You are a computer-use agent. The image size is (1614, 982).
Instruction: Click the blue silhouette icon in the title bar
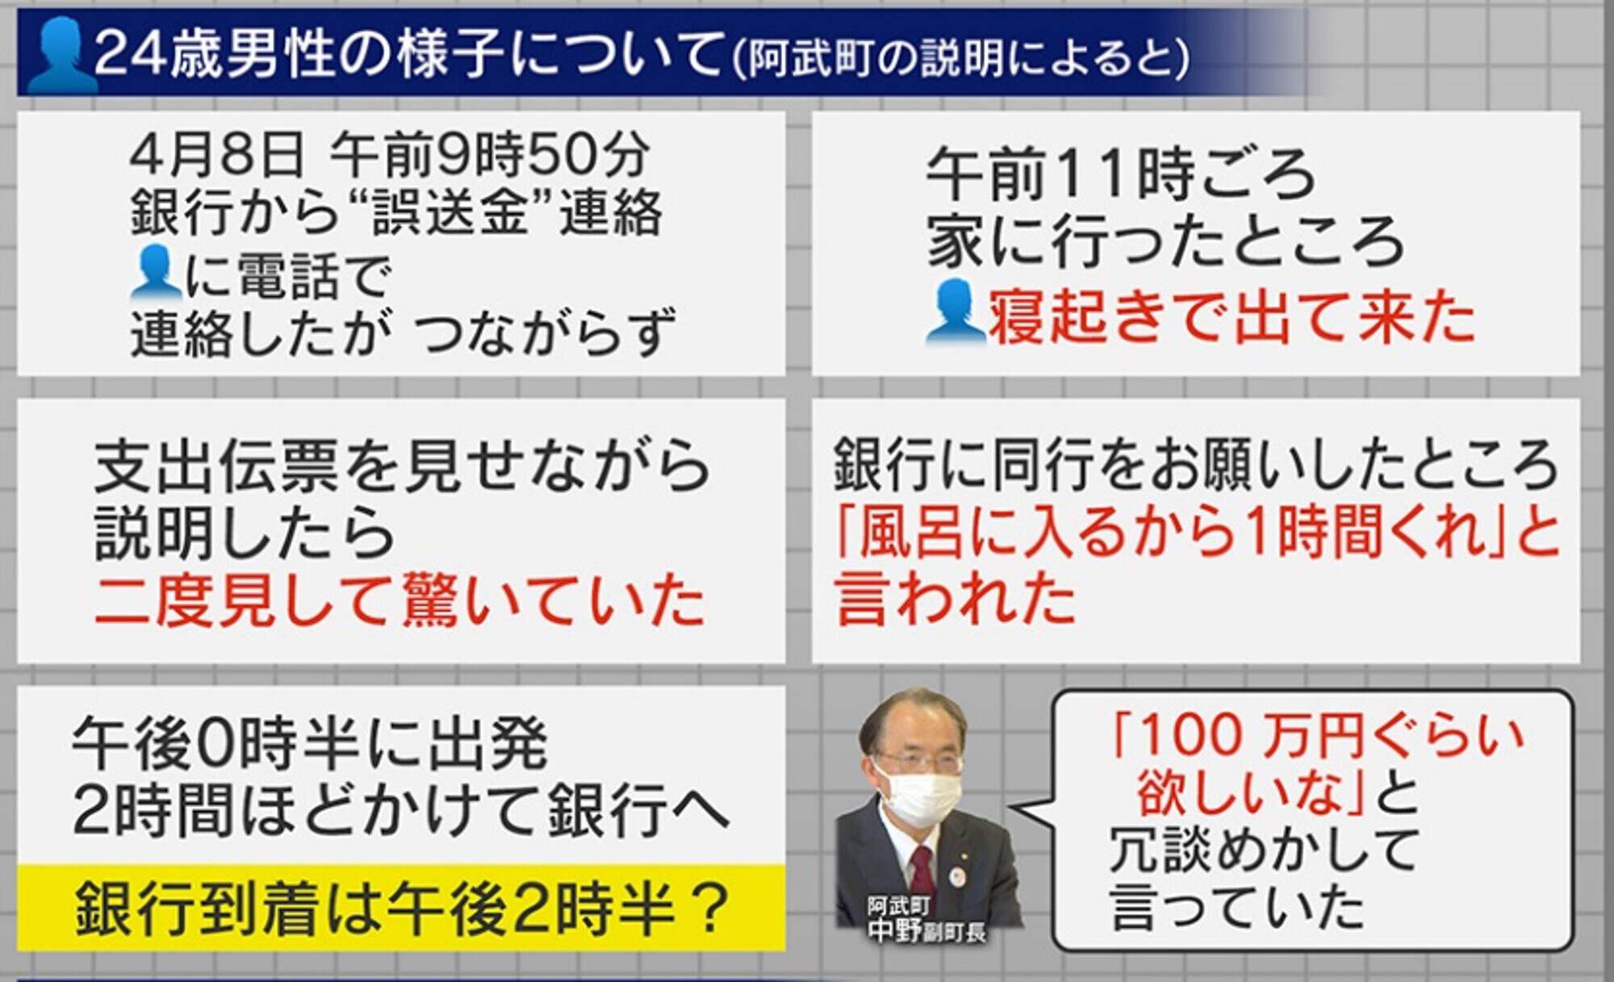(61, 55)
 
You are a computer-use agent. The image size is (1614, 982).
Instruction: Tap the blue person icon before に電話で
(154, 272)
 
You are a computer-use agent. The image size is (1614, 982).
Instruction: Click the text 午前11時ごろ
(1120, 173)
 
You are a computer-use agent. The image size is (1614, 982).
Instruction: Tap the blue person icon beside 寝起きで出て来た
(955, 313)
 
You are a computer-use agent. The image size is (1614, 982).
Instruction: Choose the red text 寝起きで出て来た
(1232, 315)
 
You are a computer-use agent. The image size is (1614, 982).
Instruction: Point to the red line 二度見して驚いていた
(399, 600)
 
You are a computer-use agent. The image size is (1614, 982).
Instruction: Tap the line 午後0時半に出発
(311, 743)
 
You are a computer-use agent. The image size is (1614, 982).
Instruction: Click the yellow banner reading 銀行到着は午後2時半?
(401, 907)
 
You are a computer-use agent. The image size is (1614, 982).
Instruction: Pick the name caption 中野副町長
(927, 931)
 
